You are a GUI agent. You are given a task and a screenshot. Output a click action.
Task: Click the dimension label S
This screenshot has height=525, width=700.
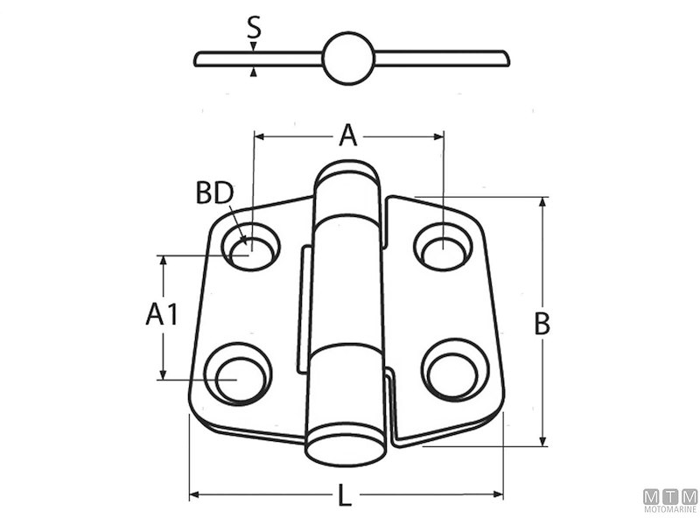[254, 27]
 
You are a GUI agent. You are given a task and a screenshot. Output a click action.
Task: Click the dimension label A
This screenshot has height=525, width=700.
[348, 136]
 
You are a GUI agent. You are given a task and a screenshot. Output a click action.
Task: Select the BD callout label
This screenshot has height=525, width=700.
[215, 193]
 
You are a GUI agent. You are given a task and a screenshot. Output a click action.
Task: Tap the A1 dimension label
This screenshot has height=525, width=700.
[162, 314]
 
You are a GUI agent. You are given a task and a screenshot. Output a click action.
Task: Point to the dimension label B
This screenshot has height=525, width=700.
[542, 324]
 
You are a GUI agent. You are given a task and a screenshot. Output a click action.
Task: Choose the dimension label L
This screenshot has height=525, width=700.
[344, 495]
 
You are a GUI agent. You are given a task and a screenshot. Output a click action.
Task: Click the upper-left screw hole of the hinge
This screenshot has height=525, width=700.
[251, 247]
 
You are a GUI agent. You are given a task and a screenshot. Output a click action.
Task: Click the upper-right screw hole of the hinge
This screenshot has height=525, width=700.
[443, 247]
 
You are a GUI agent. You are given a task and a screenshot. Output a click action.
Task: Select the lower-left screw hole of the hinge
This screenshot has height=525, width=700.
[238, 374]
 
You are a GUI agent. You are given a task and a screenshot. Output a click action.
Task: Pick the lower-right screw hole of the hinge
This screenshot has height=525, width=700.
[455, 369]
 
